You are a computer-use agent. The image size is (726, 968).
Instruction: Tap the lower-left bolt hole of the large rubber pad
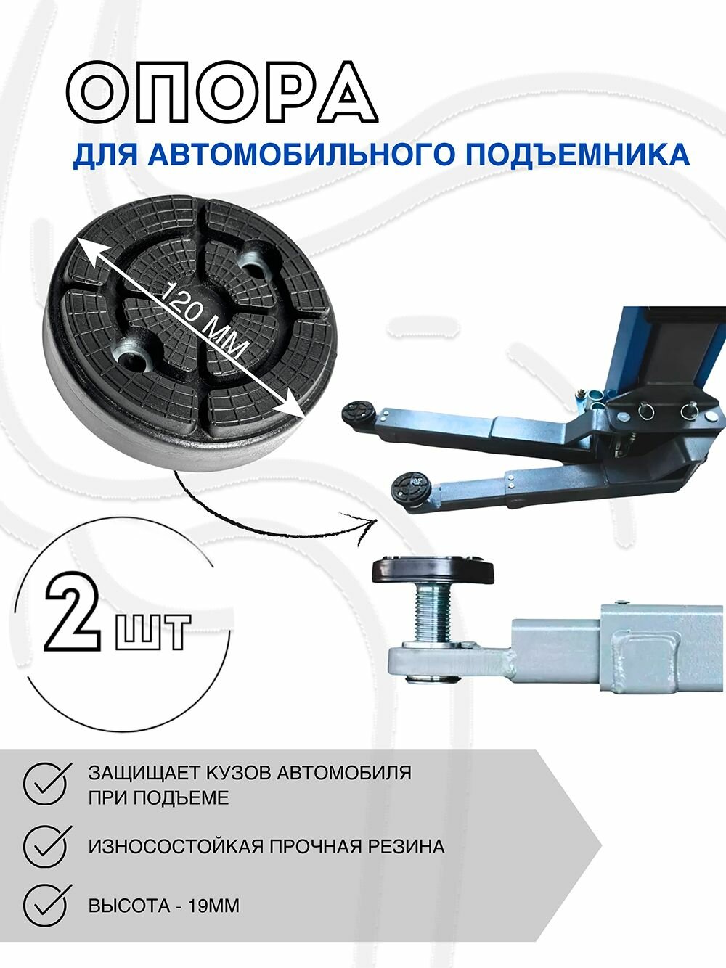(x=132, y=360)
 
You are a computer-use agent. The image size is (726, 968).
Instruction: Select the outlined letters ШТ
(x=152, y=632)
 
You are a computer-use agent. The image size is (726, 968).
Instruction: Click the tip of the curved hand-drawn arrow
(x=376, y=521)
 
